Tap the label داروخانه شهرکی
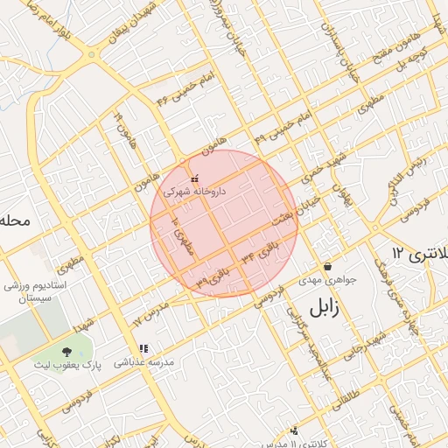(193, 190)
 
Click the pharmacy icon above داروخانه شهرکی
(194, 178)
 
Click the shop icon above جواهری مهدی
(327, 267)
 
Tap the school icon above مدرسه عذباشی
(143, 348)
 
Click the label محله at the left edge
(15, 220)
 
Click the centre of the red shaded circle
(224, 223)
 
